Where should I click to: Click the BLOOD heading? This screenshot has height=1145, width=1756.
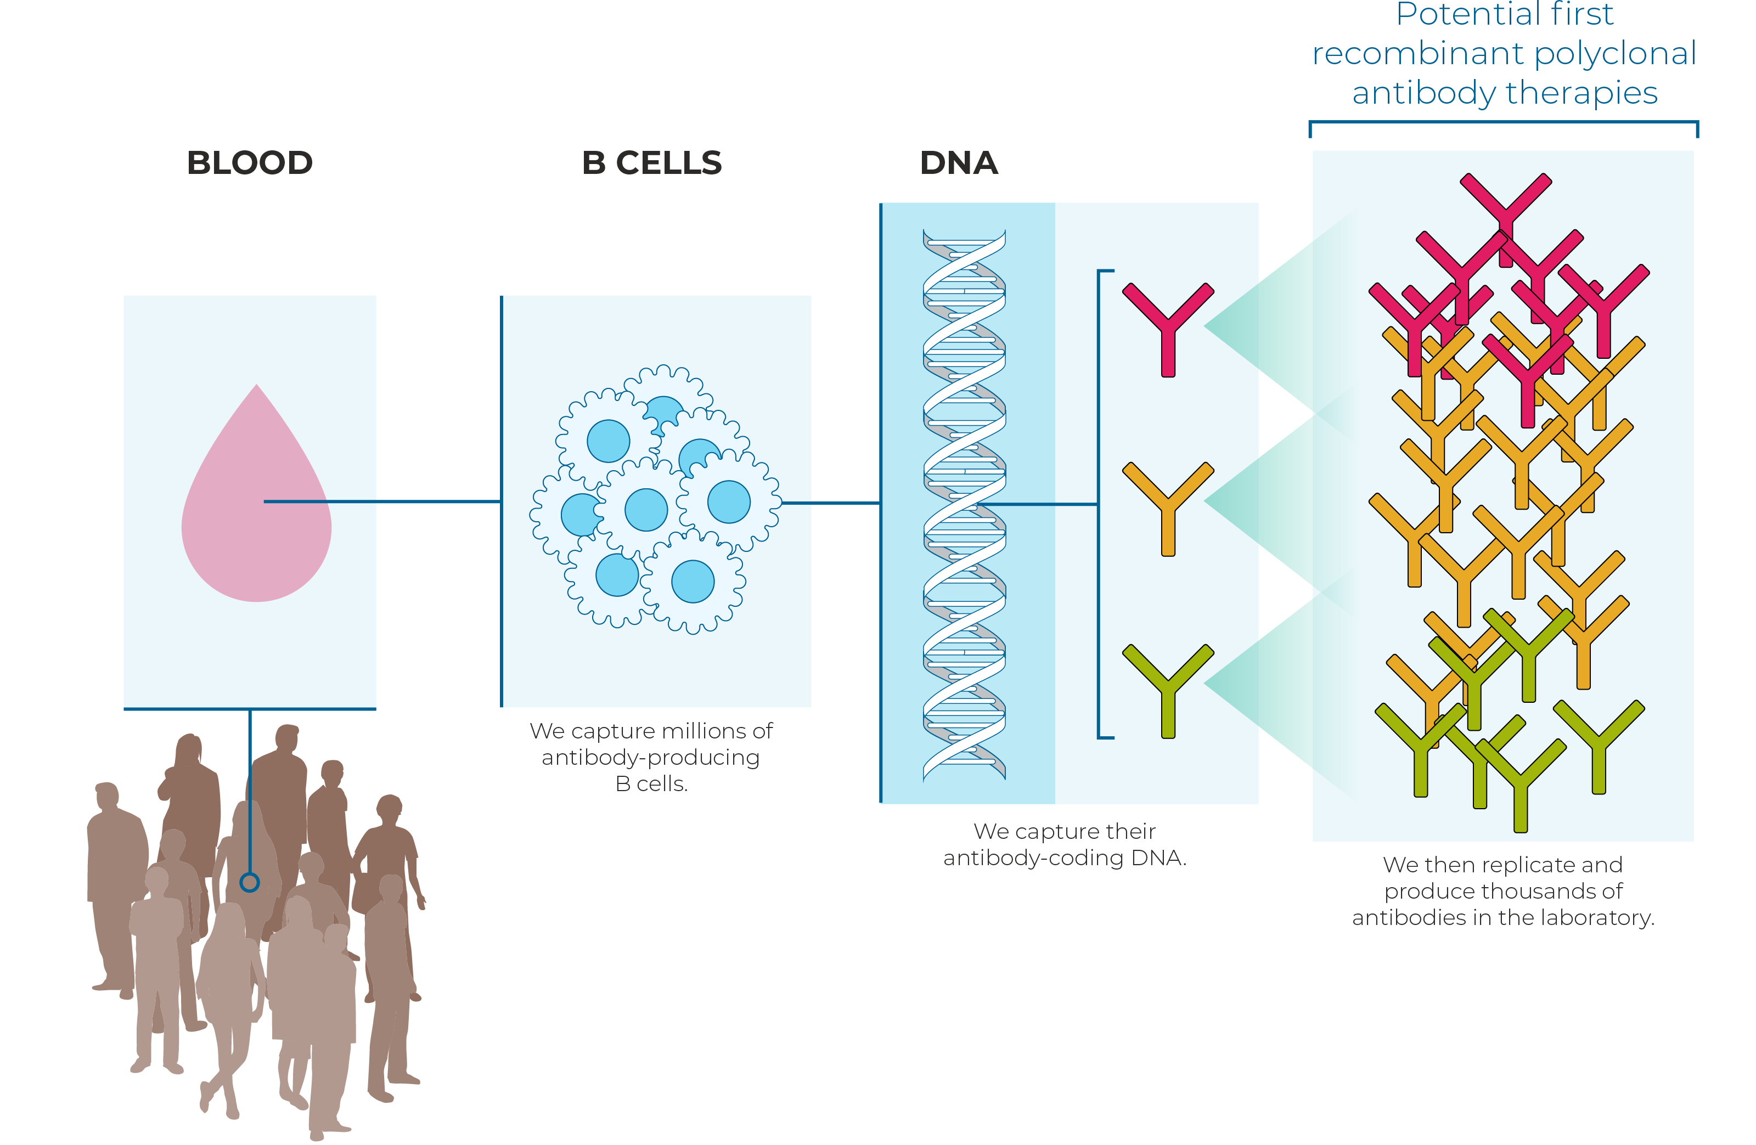pyautogui.click(x=249, y=163)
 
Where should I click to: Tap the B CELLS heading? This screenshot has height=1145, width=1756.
pyautogui.click(x=651, y=163)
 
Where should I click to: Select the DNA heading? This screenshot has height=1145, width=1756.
pyautogui.click(x=959, y=163)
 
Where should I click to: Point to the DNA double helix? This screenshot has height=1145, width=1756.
pyautogui.click(x=964, y=505)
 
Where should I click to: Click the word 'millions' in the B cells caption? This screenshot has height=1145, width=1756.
pyautogui.click(x=705, y=731)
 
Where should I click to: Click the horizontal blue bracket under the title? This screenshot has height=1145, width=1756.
pyautogui.click(x=1504, y=122)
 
